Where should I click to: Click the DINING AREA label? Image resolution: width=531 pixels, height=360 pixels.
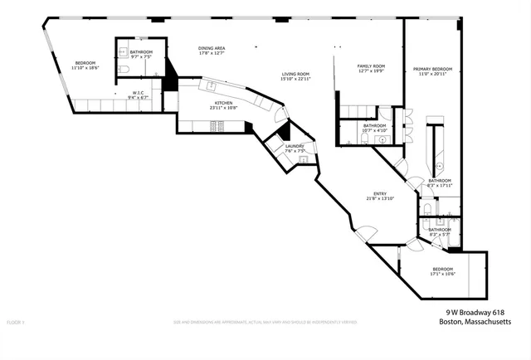(x=212, y=48)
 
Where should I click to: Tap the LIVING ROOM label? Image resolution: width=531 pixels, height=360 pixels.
(x=295, y=73)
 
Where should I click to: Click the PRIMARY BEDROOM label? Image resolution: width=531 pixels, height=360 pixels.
(x=432, y=69)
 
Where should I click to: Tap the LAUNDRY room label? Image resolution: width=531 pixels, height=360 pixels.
(x=295, y=146)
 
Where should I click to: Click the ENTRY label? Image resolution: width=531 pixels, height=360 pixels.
(x=378, y=193)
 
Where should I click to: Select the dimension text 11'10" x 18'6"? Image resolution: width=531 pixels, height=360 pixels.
(x=86, y=68)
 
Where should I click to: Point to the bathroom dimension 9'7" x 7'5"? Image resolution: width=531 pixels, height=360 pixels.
(x=141, y=57)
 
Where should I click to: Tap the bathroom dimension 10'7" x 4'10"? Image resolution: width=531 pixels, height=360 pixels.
(x=374, y=130)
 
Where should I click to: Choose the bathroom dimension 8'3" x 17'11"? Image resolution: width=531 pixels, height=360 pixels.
(x=439, y=186)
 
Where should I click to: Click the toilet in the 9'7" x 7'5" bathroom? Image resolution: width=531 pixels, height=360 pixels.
(x=122, y=71)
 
